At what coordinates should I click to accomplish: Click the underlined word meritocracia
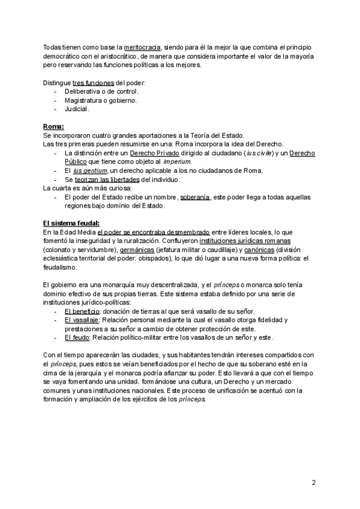click(143, 47)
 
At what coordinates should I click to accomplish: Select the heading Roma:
click(54, 127)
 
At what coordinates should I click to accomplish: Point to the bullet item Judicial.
click(77, 109)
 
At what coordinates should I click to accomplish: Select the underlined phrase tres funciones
click(93, 82)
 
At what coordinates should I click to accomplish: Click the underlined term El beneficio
click(83, 312)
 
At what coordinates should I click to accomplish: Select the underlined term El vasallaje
click(83, 321)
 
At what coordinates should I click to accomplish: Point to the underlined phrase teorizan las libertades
click(107, 179)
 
